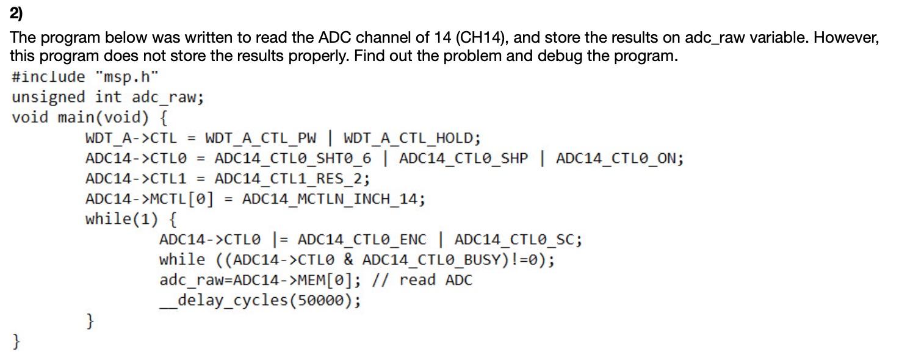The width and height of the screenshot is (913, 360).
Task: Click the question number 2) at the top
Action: click(x=16, y=13)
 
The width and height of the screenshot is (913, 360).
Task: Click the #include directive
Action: click(x=48, y=77)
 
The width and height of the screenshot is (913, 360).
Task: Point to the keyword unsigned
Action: click(x=48, y=97)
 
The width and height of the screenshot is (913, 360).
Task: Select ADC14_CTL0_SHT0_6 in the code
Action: click(x=293, y=159)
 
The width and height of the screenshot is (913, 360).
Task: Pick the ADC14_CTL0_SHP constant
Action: click(x=464, y=159)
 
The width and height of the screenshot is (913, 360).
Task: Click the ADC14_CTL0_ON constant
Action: click(x=619, y=159)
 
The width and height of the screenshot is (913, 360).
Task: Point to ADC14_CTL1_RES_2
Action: click(x=292, y=179)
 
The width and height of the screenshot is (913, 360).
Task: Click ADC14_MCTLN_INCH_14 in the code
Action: click(x=333, y=199)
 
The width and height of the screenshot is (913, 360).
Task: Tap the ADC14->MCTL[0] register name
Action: click(x=150, y=199)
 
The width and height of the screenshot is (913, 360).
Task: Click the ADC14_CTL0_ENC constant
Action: click(x=363, y=239)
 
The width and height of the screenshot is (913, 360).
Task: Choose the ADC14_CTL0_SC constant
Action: click(x=518, y=239)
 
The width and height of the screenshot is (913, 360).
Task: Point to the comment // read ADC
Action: click(x=436, y=280)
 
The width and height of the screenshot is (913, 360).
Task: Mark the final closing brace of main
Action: click(x=16, y=341)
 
